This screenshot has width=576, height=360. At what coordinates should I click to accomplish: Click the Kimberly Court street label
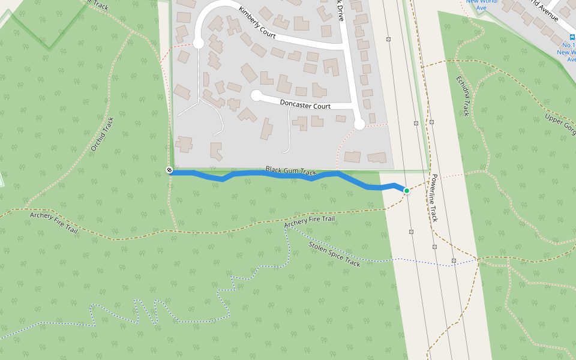(257, 23)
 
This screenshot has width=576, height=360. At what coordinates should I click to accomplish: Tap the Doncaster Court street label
(305, 105)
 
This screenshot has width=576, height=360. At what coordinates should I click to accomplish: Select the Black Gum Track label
(290, 171)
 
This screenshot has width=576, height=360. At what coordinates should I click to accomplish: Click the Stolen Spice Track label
(334, 254)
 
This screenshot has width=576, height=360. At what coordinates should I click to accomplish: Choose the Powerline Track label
(434, 198)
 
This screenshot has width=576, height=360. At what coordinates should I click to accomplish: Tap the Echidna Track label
(462, 95)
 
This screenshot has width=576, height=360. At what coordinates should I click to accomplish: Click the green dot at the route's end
(406, 191)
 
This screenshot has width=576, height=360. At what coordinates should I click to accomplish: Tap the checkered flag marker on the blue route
(170, 170)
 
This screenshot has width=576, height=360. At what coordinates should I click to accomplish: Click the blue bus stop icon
(571, 37)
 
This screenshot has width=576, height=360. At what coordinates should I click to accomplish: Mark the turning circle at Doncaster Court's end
(256, 95)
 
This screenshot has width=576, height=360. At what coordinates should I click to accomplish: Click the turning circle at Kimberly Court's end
(199, 43)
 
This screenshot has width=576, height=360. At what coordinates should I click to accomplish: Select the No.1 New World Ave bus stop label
(567, 52)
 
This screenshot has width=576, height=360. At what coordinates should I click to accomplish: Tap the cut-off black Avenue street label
(543, 8)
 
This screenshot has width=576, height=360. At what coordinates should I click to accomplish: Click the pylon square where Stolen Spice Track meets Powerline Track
(454, 260)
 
